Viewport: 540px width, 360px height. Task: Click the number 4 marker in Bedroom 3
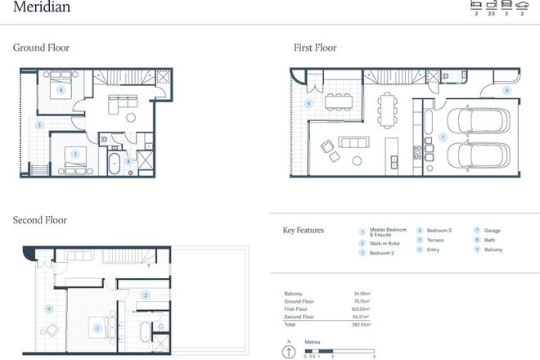click(61, 89)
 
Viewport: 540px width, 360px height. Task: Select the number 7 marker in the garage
click(443, 137)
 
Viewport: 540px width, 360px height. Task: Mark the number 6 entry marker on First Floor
click(506, 90)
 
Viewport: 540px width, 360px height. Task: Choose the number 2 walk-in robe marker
click(145, 295)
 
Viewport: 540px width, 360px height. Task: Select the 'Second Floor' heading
click(40, 220)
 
